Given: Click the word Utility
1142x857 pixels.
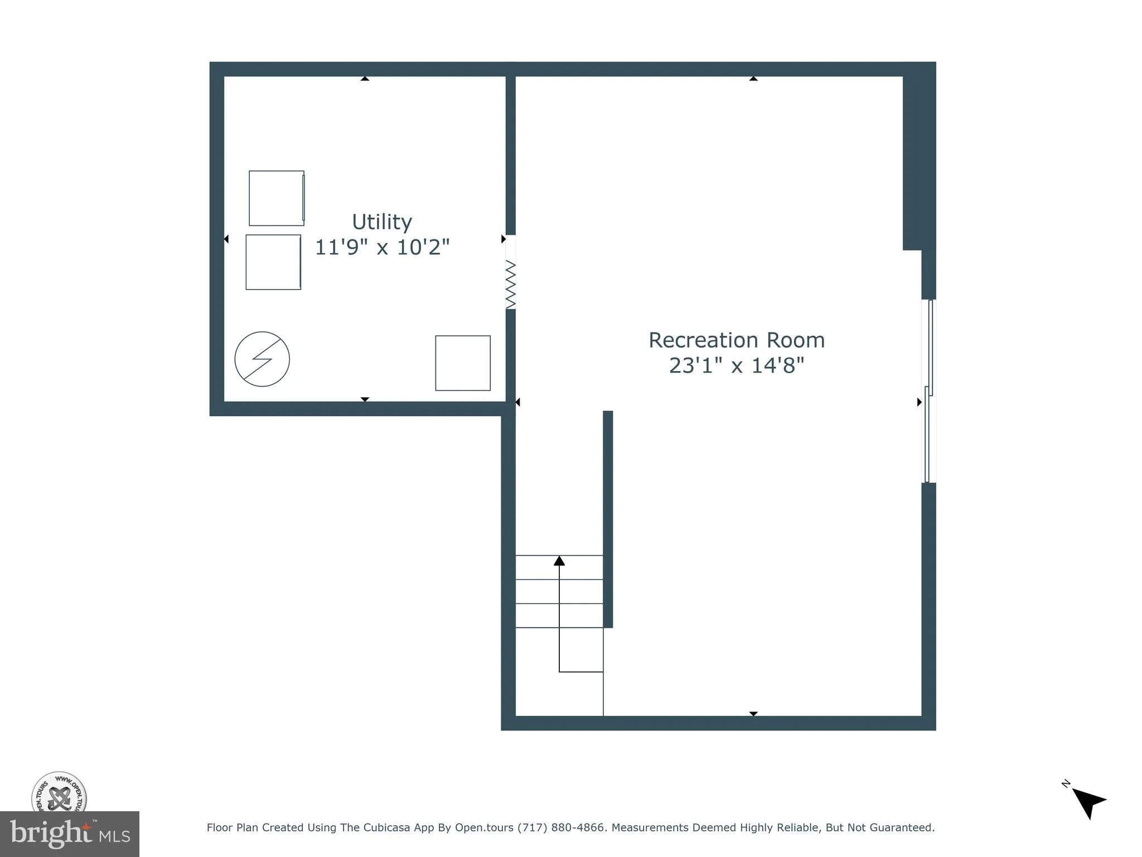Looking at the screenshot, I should pos(382,222).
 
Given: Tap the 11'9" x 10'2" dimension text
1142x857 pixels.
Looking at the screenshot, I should pos(382,247).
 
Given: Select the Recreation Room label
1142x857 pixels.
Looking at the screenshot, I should pos(736,340).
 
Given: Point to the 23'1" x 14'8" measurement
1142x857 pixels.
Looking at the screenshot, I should pos(736,365).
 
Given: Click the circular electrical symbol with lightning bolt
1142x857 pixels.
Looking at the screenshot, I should pos(262,359).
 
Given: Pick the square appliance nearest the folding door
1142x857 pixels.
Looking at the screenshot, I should pos(463,363).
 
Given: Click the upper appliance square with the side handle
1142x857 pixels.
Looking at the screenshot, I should pos(277,198).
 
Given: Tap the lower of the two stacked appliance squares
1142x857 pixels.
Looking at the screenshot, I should pos(273,262).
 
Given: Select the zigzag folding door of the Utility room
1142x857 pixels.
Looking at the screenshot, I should pos(511,285).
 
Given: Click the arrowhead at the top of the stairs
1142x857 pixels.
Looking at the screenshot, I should pos(559,561).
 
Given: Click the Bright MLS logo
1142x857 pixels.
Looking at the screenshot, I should pos(70,834).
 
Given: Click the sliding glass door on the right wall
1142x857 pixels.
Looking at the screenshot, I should pos(928,391).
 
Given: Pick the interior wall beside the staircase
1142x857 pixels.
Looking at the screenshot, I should pos(608,519).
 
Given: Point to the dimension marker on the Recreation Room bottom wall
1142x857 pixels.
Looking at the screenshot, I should pos(753,714).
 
